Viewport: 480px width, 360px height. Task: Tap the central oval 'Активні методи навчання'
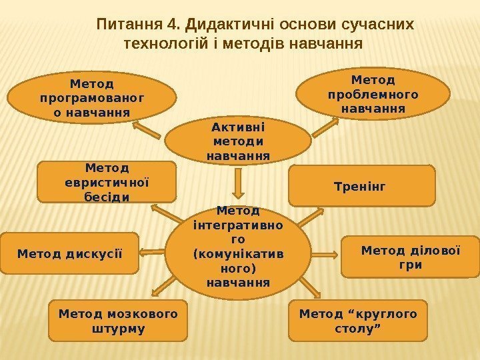(238, 140)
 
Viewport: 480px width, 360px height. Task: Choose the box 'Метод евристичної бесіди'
(107, 181)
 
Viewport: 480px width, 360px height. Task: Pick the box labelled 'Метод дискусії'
(69, 253)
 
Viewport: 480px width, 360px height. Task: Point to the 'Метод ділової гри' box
(410, 256)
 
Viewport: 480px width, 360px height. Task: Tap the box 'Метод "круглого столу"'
(357, 321)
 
